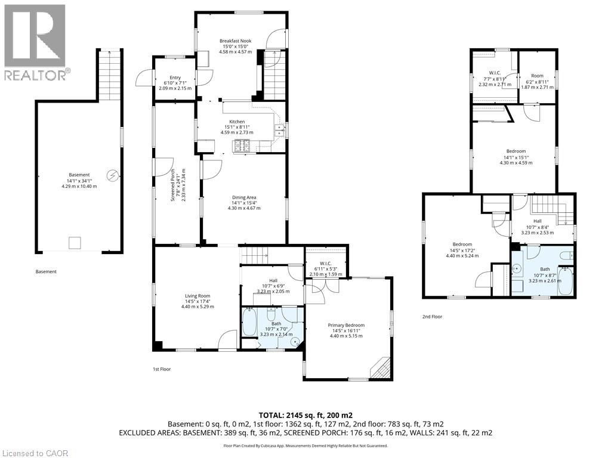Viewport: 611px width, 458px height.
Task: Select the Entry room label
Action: coord(175,82)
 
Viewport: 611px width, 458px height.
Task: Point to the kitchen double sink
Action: coord(278,130)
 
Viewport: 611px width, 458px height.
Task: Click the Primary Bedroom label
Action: coord(346,330)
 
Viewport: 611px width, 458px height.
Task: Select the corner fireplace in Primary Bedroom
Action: coord(380,368)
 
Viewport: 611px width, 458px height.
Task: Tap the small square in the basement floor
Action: coord(75,242)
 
